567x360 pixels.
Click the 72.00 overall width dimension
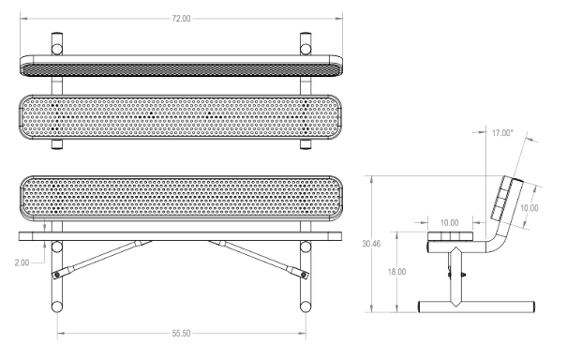(181, 19)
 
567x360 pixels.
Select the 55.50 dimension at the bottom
(181, 333)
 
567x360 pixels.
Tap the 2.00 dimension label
(22, 262)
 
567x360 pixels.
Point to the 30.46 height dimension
(371, 244)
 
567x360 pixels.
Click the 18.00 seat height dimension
(396, 272)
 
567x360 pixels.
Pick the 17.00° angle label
(502, 133)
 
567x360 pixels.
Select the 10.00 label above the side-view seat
(449, 223)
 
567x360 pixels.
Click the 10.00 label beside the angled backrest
(529, 208)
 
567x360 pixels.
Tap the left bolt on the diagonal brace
(56, 276)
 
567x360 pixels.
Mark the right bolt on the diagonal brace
(304, 276)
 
